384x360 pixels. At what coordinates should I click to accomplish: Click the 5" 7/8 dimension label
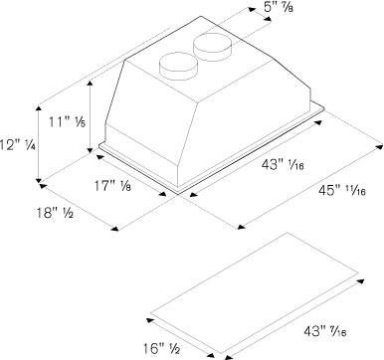click(279, 7)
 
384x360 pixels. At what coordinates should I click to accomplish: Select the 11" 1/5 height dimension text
click(67, 122)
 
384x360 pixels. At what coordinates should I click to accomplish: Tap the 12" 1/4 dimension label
click(18, 145)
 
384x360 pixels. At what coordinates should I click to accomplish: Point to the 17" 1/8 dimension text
click(112, 186)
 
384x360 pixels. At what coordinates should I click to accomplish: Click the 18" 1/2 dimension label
click(55, 213)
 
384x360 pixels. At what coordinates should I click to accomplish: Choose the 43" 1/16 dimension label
click(283, 164)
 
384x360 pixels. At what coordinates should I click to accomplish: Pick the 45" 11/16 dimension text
click(342, 191)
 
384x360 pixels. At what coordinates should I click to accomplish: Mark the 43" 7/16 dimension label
click(325, 331)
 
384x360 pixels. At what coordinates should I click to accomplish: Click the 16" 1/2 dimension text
click(161, 348)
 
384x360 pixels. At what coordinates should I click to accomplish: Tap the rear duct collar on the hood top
click(213, 47)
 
